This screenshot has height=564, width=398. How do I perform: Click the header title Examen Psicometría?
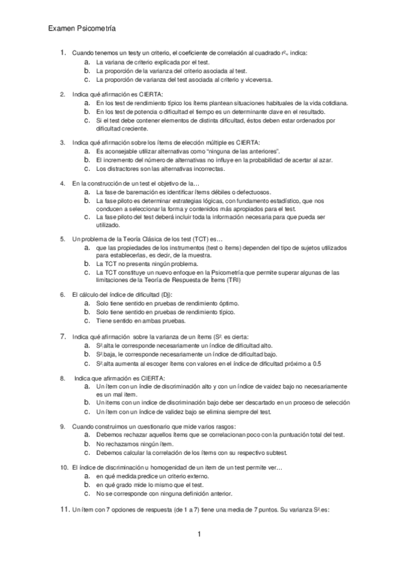pos(82,29)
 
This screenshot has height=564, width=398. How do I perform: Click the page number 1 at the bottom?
pos(199,534)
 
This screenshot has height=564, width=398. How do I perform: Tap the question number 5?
pos(62,238)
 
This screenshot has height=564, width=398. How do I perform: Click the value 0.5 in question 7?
pos(316,363)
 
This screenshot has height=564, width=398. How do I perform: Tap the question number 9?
pos(62,426)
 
